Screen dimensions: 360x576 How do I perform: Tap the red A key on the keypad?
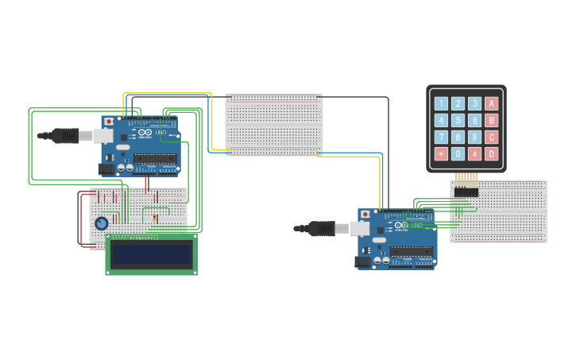(491, 103)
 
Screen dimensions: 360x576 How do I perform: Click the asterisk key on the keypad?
(441, 153)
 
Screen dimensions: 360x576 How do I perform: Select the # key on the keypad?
(474, 153)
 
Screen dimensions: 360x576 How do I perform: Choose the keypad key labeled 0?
(458, 153)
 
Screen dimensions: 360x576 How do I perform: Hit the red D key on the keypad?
(491, 153)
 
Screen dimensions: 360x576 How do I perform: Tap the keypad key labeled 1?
(441, 103)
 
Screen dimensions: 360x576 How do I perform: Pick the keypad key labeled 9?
(474, 137)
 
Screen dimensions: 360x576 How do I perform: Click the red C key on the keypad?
(491, 137)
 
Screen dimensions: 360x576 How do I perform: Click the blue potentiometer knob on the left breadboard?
(101, 223)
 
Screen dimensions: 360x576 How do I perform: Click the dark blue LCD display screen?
(151, 254)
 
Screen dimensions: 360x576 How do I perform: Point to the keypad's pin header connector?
(466, 192)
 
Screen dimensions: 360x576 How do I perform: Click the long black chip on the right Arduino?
(412, 251)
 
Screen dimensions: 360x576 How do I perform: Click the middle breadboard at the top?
(274, 124)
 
